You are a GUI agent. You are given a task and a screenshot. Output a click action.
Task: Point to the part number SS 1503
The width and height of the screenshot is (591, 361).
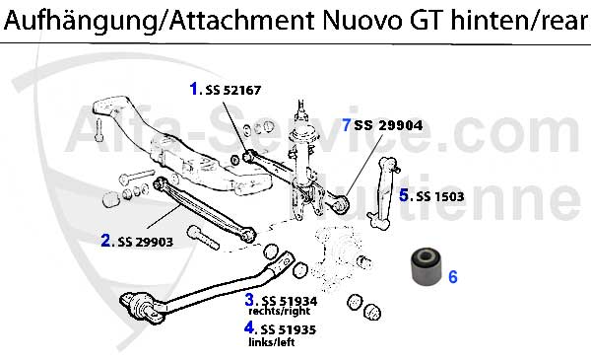pyautogui.click(x=440, y=196)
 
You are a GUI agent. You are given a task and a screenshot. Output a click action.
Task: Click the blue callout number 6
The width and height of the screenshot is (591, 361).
pyautogui.click(x=453, y=277)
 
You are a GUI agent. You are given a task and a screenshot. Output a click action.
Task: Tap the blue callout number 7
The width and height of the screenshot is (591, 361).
pyautogui.click(x=346, y=125)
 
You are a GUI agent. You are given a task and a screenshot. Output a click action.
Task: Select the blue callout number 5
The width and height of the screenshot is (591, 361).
pyautogui.click(x=404, y=195)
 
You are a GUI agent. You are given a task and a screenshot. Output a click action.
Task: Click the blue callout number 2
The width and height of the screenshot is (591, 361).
pyautogui.click(x=106, y=240)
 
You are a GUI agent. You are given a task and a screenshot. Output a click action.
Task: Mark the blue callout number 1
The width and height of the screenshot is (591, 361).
pyautogui.click(x=195, y=89)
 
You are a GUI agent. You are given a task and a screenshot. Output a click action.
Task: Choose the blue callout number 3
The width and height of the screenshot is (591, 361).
pyautogui.click(x=251, y=299)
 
